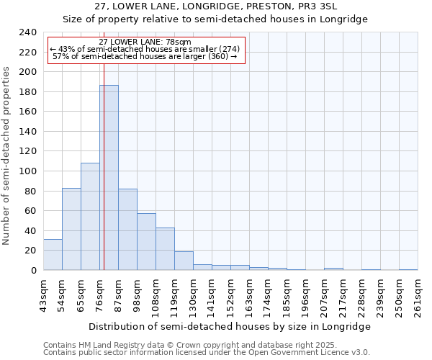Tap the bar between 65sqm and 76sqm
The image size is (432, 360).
(x=90, y=216)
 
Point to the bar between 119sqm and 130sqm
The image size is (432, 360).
(x=184, y=261)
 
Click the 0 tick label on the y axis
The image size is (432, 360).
(x=33, y=270)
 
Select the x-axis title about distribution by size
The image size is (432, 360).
(x=230, y=326)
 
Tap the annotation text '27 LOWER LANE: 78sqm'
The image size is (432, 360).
(x=145, y=42)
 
